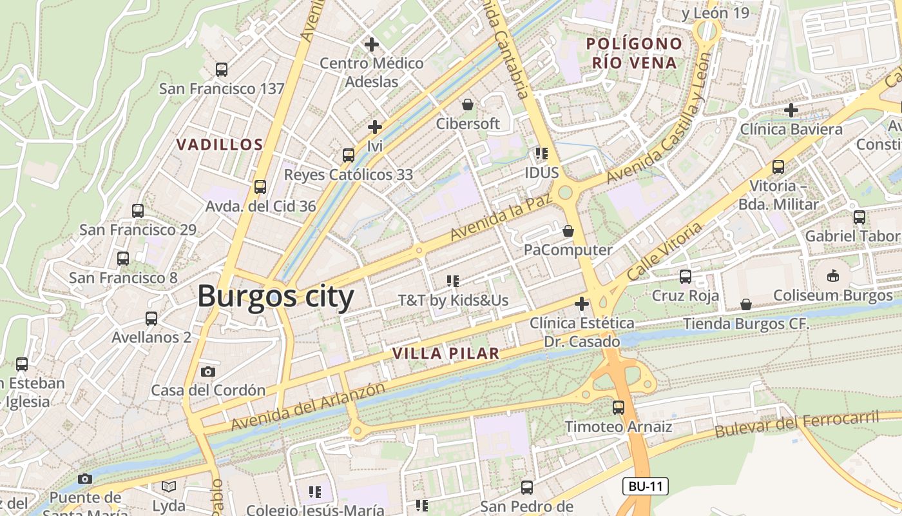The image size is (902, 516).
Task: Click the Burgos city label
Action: click(x=276, y=297)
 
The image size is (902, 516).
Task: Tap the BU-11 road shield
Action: click(x=645, y=486)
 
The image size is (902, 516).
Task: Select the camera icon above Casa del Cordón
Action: click(x=207, y=372)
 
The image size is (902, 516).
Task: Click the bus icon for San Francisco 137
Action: click(x=222, y=69)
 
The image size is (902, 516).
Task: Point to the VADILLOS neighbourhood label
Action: click(x=220, y=144)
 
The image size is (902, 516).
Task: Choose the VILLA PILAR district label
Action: click(x=446, y=353)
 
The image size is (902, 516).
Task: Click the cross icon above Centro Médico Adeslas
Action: click(x=372, y=45)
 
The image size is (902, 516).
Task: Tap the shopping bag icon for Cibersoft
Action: click(x=468, y=104)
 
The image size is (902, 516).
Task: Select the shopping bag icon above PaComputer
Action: click(x=568, y=231)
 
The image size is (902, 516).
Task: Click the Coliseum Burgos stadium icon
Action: click(x=833, y=276)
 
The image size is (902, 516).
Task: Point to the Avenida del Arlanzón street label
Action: click(x=308, y=407)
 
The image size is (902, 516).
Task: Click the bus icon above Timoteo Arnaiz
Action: click(x=619, y=408)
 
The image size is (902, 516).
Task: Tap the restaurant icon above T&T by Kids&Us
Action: click(x=453, y=281)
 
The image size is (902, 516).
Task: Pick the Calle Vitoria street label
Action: click(x=664, y=251)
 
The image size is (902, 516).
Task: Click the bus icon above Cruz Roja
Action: click(x=686, y=277)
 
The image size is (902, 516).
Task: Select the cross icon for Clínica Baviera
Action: click(x=791, y=110)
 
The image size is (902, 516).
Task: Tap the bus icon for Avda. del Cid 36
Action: click(x=260, y=187)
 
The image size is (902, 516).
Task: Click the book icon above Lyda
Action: click(x=169, y=486)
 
